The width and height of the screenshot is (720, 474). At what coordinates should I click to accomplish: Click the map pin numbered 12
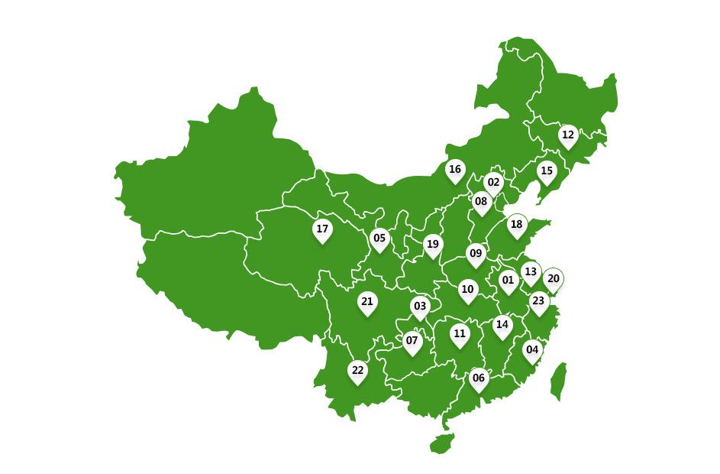pos(567,135)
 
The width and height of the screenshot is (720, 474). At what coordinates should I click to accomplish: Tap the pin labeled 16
pos(455,170)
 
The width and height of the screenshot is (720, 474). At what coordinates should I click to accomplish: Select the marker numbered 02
pos(493,183)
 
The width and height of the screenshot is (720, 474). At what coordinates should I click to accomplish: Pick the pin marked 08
pos(481,203)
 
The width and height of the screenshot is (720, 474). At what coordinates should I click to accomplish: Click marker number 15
pos(546,171)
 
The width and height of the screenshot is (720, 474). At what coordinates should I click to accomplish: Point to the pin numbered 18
pos(517,225)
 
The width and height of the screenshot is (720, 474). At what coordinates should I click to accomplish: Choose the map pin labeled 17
pos(322,229)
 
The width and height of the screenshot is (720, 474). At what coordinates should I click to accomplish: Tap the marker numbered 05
pos(379,239)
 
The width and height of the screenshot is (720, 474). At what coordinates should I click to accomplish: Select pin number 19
pos(433,245)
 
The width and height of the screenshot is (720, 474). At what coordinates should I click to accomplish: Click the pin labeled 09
pos(476,254)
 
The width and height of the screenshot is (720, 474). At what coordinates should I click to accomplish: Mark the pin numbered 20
pos(554,279)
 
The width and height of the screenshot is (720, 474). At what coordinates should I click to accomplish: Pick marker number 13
pos(531,272)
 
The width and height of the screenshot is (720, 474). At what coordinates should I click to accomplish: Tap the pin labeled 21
pos(367,302)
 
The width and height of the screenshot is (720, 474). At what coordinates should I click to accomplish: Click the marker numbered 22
pos(357,371)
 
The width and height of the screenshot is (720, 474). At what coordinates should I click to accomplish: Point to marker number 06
pos(479,378)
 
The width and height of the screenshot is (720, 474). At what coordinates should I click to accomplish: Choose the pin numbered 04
pos(532,350)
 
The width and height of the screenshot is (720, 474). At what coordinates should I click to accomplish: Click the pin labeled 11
pos(459,334)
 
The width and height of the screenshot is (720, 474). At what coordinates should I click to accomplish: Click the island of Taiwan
pos(559,381)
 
